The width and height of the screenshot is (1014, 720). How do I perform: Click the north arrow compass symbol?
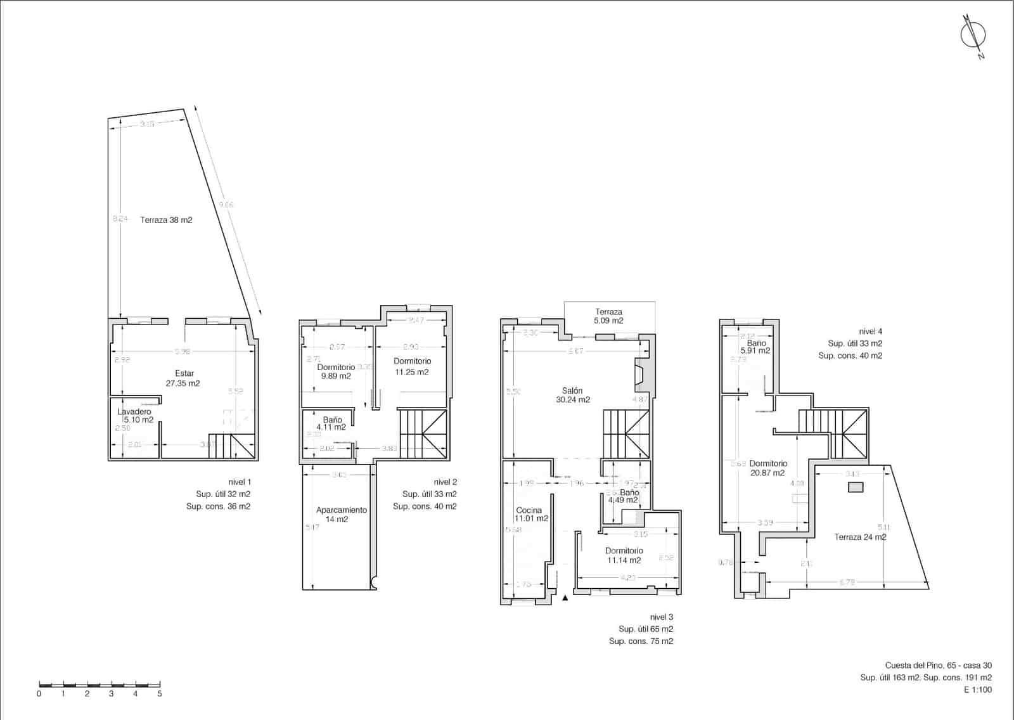tap(973, 35)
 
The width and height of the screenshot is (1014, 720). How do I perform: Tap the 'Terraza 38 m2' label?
tap(166, 220)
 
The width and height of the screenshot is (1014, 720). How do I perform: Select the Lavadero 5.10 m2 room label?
tap(134, 416)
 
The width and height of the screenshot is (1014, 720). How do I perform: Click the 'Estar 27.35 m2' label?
tap(184, 378)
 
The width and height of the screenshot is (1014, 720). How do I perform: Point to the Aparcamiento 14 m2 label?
tap(341, 515)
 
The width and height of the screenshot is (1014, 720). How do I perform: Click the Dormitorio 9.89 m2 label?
tap(336, 371)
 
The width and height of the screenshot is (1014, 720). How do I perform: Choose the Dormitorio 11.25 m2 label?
tap(412, 366)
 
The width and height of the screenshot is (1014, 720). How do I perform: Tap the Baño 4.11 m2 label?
tap(332, 423)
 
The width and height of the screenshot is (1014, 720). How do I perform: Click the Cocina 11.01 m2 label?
tap(530, 514)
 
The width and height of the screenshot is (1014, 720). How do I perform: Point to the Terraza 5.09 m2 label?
tap(608, 316)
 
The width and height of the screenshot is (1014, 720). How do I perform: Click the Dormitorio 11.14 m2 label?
tap(624, 555)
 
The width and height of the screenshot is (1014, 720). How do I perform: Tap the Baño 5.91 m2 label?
tap(756, 347)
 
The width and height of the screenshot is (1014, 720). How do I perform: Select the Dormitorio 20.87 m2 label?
tap(767, 468)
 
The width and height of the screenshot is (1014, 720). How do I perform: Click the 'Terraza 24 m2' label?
tap(860, 537)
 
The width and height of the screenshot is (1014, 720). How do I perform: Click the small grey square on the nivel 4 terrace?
tap(856, 487)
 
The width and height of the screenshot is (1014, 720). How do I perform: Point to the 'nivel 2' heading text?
tap(445, 482)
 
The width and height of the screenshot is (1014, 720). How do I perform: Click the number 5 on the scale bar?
tap(160, 693)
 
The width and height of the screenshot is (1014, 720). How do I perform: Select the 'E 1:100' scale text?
tap(978, 690)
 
